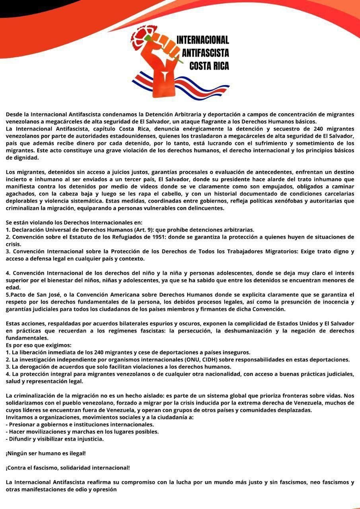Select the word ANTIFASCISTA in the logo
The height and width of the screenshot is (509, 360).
point(205,53)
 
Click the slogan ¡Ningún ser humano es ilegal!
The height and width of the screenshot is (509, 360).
point(45,453)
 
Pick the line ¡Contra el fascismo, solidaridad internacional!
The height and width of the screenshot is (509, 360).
point(68,468)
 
